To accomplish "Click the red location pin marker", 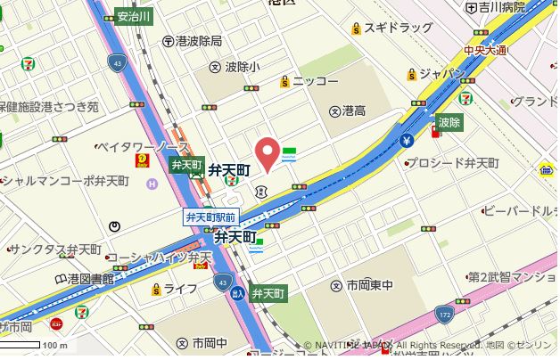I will click(x=267, y=151).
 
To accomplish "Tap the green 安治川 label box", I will click(x=135, y=16).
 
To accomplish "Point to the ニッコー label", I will click(x=315, y=81).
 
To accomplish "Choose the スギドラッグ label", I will click(x=398, y=29).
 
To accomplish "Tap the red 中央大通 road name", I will click(x=486, y=50).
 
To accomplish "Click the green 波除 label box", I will click(x=449, y=122).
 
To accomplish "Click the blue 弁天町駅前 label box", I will click(x=210, y=217).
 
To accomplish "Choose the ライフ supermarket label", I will click(x=179, y=288).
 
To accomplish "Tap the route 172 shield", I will click(x=444, y=314).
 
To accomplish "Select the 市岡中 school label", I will click(x=210, y=343).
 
